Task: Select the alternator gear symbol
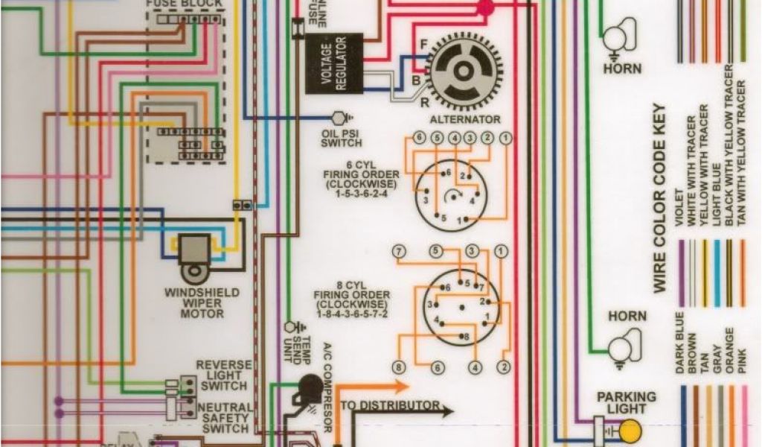click(x=462, y=71)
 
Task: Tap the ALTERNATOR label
click(x=465, y=119)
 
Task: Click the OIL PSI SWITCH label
click(x=342, y=138)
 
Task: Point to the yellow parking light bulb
click(x=630, y=431)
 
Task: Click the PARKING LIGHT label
click(x=626, y=403)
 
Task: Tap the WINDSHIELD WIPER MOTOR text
click(x=202, y=303)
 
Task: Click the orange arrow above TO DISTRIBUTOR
click(x=372, y=387)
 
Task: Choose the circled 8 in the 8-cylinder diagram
click(x=400, y=367)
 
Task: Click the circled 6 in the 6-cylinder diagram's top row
click(x=419, y=137)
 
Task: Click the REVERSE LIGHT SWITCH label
click(x=224, y=375)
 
